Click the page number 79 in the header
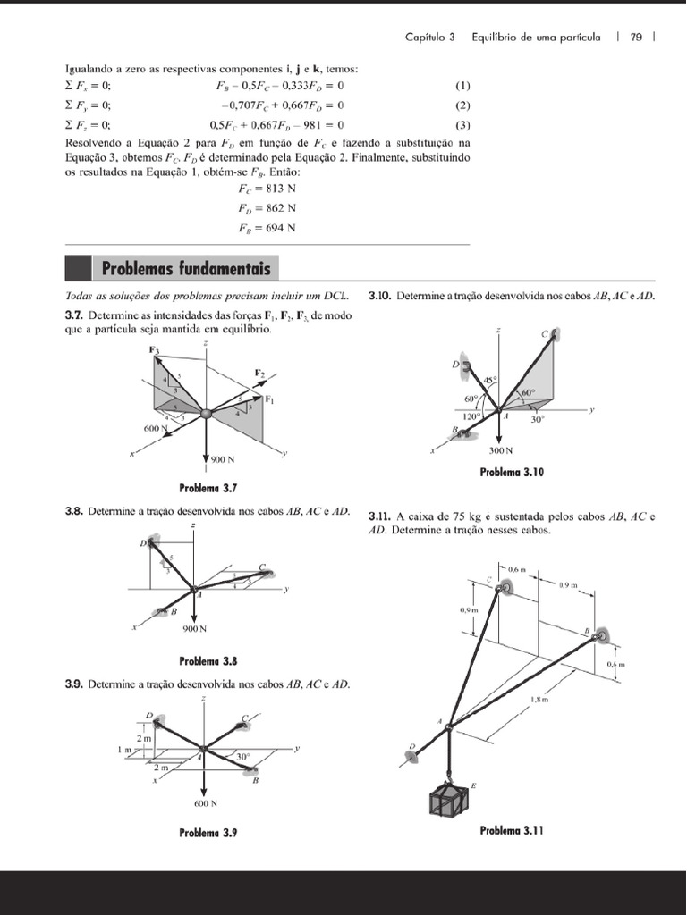636,38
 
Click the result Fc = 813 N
267,189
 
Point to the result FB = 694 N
267,227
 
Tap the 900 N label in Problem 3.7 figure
223,459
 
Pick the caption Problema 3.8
208,661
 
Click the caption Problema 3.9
208,833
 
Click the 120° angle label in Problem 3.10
471,416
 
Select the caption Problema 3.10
512,473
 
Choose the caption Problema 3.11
512,830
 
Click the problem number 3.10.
380,295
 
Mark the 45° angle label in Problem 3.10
488,380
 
